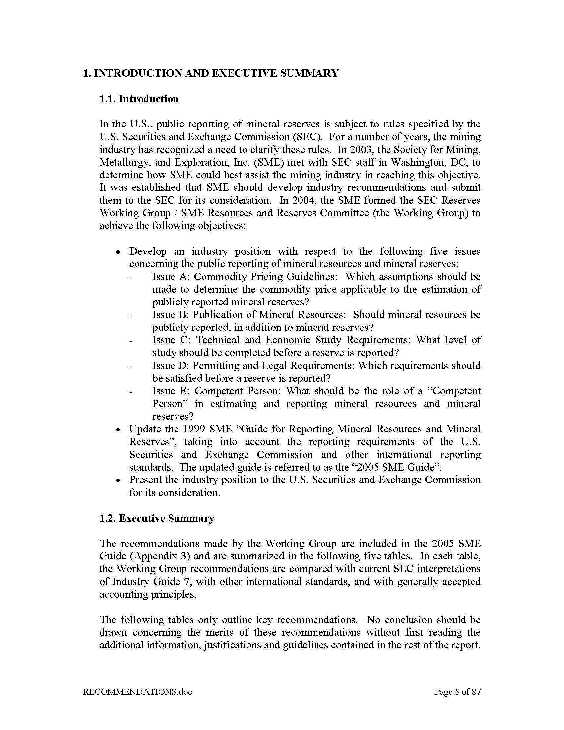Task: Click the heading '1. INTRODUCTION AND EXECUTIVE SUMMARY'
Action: point(210,73)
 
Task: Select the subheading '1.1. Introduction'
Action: point(139,99)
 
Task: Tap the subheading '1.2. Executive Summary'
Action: point(157,518)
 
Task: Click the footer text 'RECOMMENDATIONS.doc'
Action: point(137,692)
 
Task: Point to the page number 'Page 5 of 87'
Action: point(458,692)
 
